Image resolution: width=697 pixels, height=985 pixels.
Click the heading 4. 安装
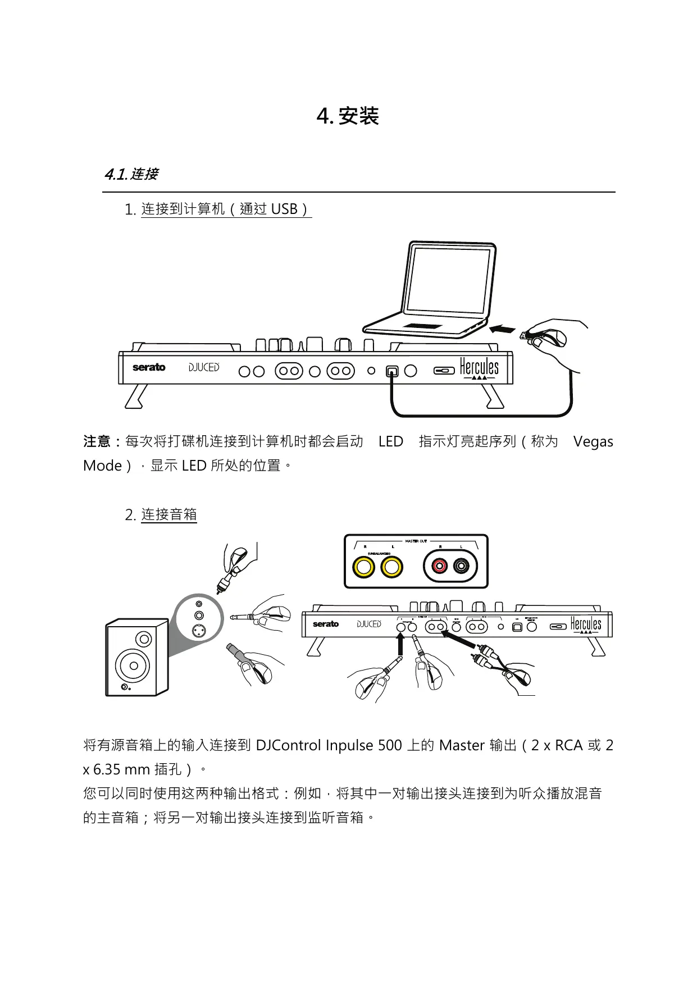click(348, 116)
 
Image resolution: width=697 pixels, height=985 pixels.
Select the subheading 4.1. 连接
click(131, 174)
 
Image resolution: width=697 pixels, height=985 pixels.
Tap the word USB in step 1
click(284, 209)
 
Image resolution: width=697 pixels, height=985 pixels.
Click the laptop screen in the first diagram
click(448, 280)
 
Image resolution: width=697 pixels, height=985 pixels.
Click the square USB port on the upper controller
click(392, 371)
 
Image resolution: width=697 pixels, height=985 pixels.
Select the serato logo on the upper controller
click(149, 367)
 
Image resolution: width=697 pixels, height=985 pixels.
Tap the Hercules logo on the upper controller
click(479, 368)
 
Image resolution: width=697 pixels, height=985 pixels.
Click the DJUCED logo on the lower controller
click(369, 624)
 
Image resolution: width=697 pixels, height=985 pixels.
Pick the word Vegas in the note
click(593, 442)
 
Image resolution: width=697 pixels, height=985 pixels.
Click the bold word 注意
click(97, 442)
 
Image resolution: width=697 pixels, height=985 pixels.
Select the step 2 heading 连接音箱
click(168, 515)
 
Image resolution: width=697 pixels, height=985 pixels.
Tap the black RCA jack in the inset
click(461, 566)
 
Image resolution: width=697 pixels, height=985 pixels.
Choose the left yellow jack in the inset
click(363, 567)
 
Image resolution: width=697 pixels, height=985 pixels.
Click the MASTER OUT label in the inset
click(416, 541)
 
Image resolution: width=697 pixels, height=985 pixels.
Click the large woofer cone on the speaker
click(133, 666)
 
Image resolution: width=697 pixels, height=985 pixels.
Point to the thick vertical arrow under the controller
click(400, 646)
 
